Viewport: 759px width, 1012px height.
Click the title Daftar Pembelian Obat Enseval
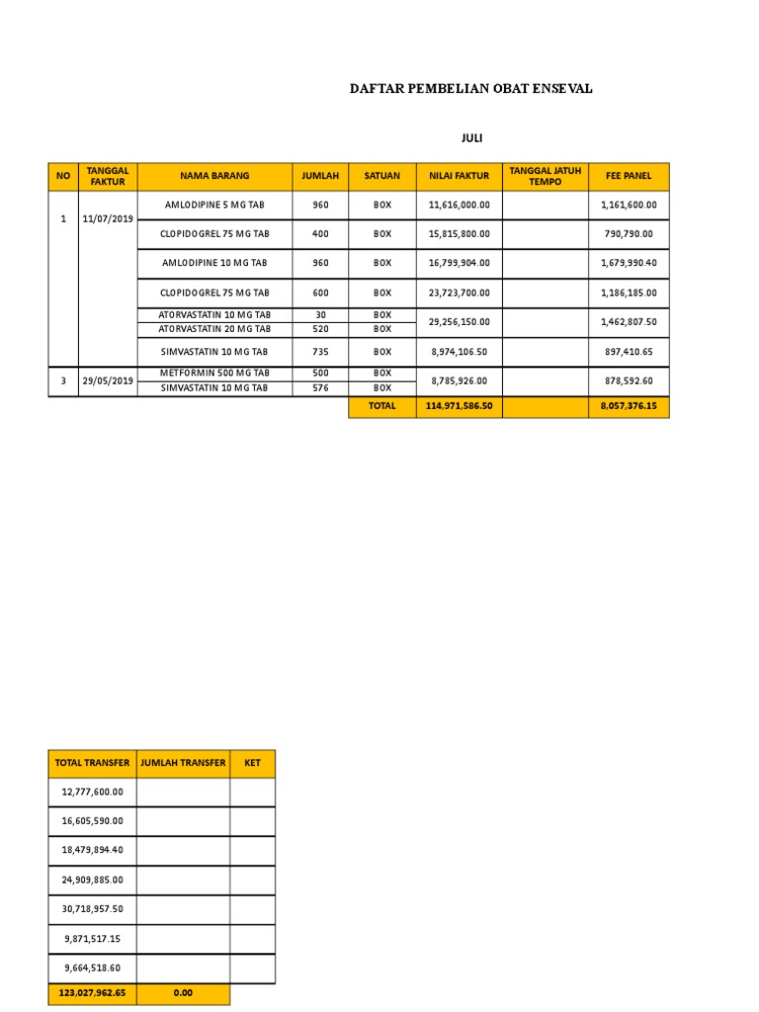pos(471,89)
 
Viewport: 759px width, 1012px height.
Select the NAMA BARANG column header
pos(214,176)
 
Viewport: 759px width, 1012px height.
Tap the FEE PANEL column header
pos(628,176)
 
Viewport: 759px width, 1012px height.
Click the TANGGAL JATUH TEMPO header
pos(545,176)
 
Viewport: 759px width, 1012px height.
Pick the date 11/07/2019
pos(108,218)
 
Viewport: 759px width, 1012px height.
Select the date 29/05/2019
pos(108,380)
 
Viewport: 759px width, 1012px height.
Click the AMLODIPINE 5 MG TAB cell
pos(214,205)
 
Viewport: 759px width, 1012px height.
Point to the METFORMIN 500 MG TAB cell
pos(214,373)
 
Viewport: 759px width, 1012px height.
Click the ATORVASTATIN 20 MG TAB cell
pos(214,328)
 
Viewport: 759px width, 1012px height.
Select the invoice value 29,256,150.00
pos(460,322)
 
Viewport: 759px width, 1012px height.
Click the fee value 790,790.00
pos(629,234)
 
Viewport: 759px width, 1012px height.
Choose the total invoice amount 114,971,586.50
pos(459,406)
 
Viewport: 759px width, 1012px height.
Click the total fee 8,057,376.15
pos(629,406)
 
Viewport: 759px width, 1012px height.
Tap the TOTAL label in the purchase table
pos(381,406)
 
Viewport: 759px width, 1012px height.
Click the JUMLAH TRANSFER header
pos(183,763)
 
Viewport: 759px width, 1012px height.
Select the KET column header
pos(252,763)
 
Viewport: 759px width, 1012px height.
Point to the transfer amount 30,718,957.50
pos(92,909)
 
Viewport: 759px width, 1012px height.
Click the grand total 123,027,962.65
pos(92,991)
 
